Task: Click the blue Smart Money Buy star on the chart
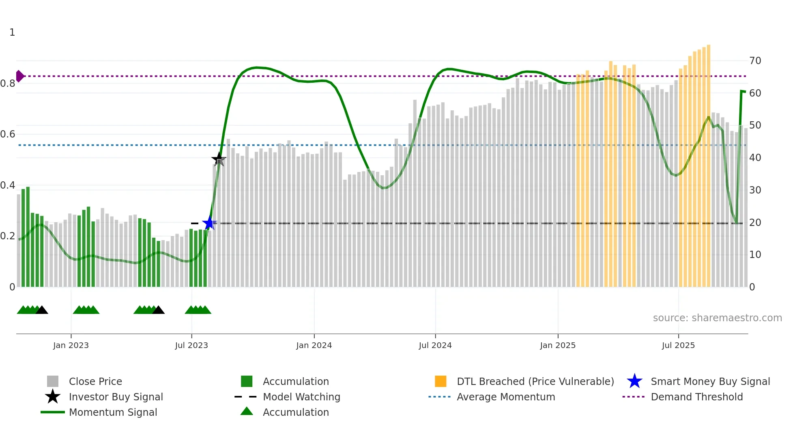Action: (x=209, y=223)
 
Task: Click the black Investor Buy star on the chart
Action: (x=219, y=159)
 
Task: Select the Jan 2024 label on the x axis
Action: (x=314, y=345)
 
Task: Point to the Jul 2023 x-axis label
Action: (x=191, y=345)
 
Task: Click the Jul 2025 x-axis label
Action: (x=678, y=345)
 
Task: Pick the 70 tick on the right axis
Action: (x=755, y=61)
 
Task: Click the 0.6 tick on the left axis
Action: (x=8, y=134)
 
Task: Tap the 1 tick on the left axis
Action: (x=12, y=32)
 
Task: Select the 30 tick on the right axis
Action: (x=755, y=190)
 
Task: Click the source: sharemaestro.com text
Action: (x=717, y=318)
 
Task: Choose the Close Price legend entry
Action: (x=95, y=381)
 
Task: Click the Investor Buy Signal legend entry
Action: (x=116, y=397)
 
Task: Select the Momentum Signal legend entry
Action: (x=113, y=412)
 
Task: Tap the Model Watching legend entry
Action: (x=301, y=397)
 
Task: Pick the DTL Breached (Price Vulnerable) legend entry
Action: (x=535, y=381)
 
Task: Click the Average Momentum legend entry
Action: (x=506, y=397)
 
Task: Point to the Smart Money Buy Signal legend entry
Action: (x=710, y=381)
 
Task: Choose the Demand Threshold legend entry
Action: (x=697, y=397)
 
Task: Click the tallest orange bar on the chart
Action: (x=708, y=162)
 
